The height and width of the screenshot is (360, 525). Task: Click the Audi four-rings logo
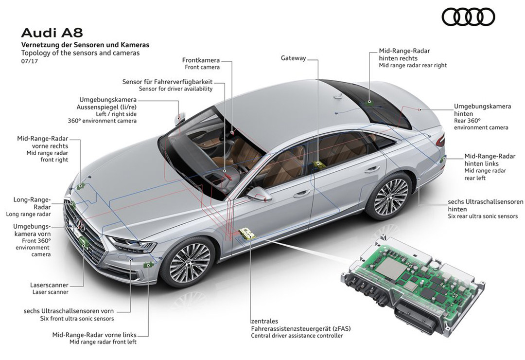click(x=468, y=18)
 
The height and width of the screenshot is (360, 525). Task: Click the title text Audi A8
click(x=52, y=33)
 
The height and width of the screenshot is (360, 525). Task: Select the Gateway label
click(x=294, y=58)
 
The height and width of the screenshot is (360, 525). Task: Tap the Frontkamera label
click(x=202, y=60)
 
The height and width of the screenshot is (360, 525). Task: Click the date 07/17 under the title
click(x=29, y=61)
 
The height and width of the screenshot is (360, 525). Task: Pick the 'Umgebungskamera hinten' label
click(x=482, y=109)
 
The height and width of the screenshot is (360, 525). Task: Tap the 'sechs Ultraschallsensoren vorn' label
click(x=69, y=310)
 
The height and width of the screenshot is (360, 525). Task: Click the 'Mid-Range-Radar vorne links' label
click(x=94, y=335)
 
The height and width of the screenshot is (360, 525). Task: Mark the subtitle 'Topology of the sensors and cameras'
click(x=80, y=53)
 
